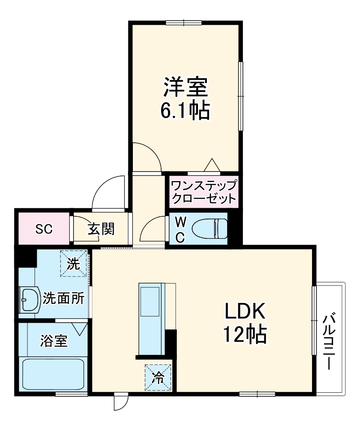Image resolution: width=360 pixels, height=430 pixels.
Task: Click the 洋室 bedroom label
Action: click(185, 88)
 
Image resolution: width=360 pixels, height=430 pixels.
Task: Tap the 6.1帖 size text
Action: click(185, 111)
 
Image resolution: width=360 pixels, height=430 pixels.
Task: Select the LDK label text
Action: click(246, 311)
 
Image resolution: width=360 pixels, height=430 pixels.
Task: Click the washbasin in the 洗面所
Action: click(30, 299)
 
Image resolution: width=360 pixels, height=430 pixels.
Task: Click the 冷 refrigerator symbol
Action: click(158, 377)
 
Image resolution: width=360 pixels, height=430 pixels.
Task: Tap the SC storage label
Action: click(44, 229)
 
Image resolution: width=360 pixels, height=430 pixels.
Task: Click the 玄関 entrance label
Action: click(101, 229)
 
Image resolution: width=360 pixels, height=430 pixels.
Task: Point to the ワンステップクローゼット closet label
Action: click(203, 192)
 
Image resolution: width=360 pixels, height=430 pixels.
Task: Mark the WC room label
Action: click(180, 229)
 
